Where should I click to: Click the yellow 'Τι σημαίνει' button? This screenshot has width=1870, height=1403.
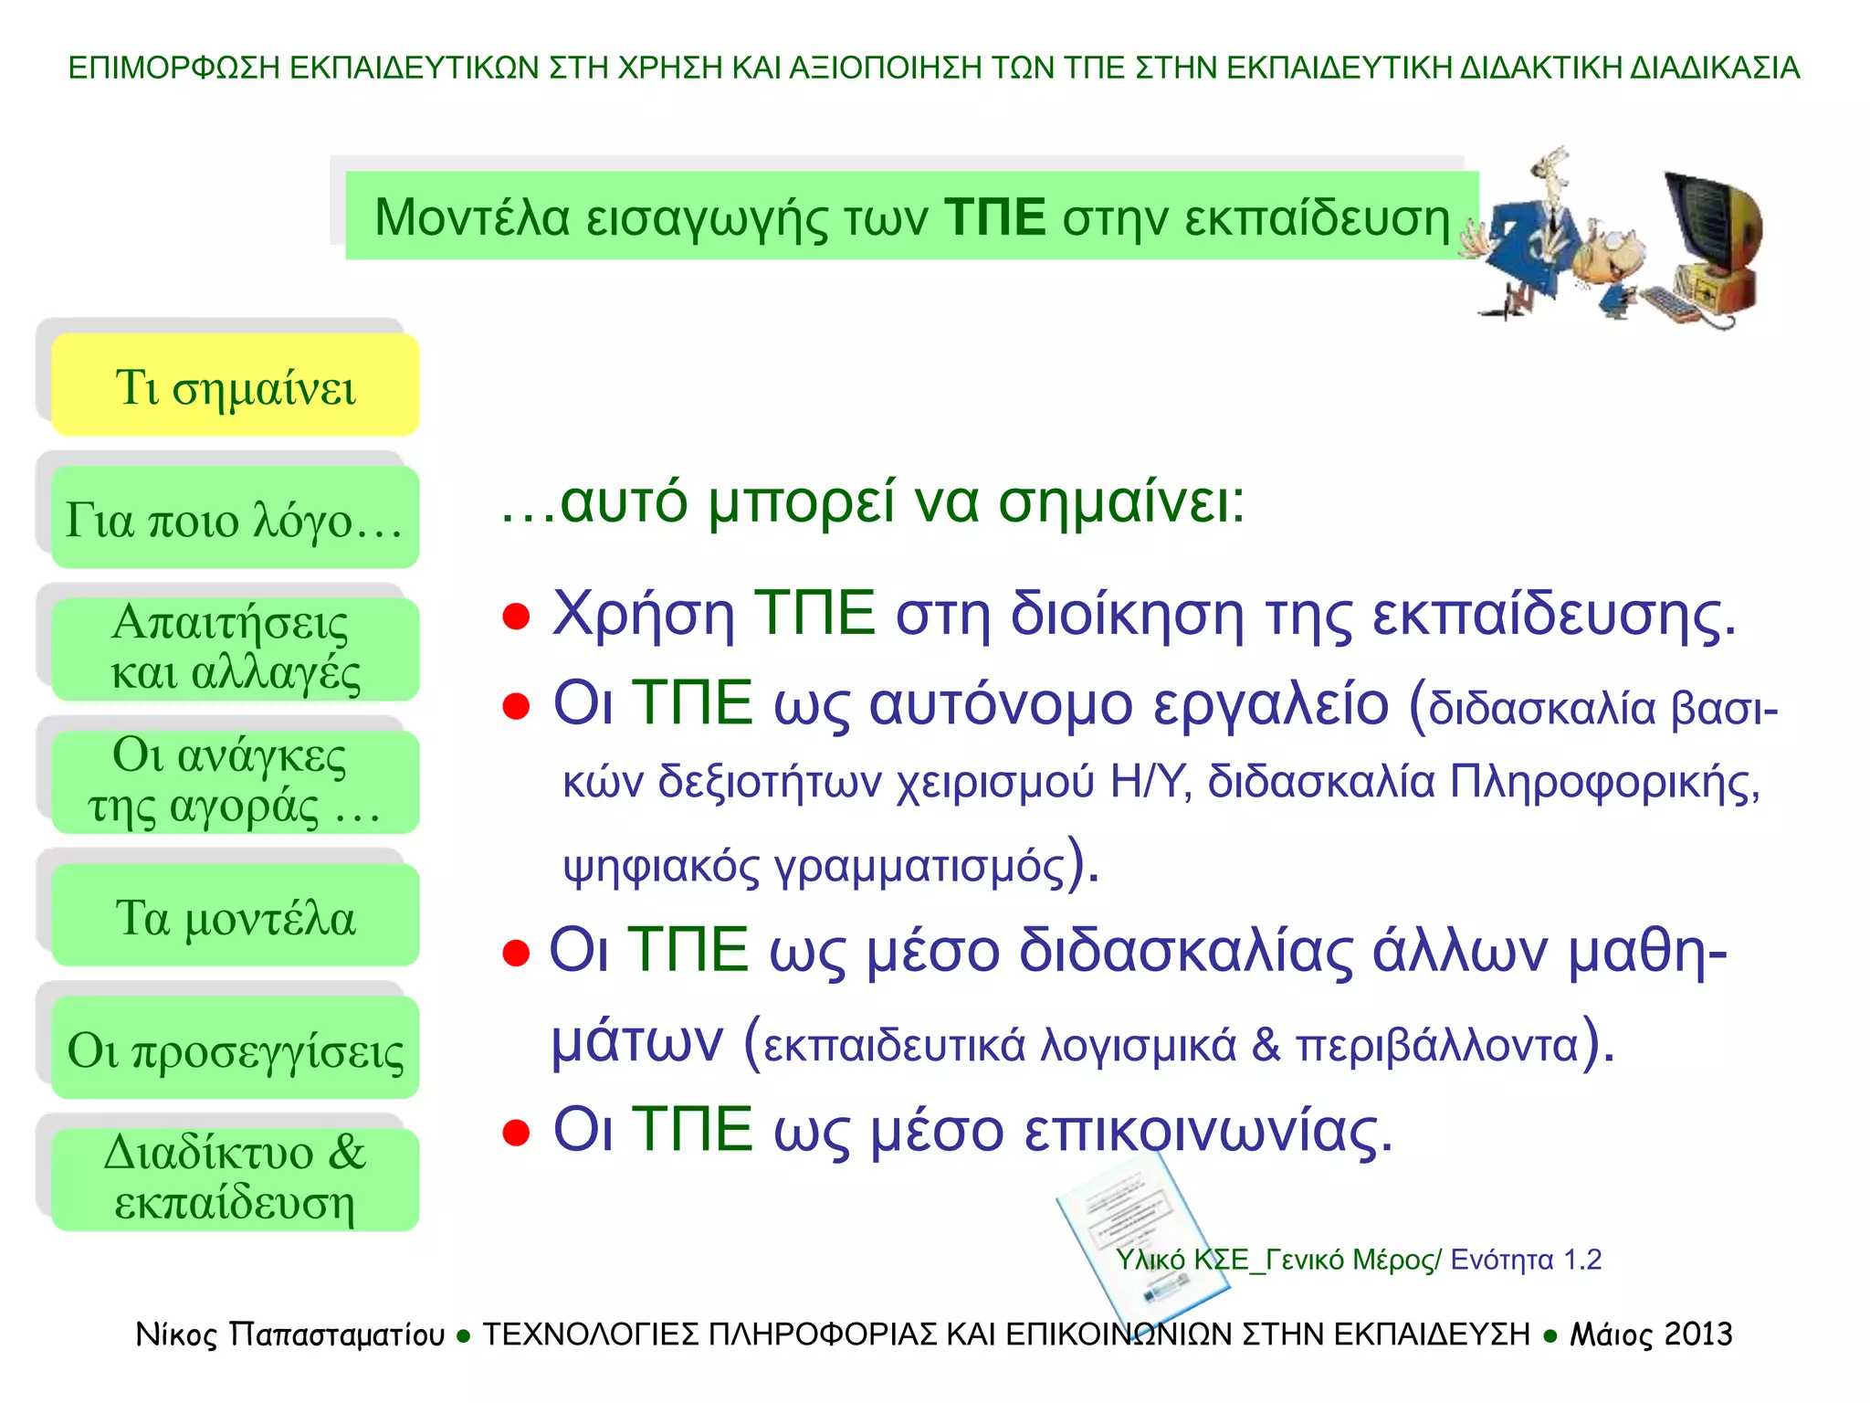[235, 385]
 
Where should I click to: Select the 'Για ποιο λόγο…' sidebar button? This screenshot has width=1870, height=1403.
[235, 518]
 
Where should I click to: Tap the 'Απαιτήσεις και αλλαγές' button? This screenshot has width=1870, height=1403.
[235, 649]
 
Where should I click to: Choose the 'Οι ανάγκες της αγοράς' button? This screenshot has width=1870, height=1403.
[235, 782]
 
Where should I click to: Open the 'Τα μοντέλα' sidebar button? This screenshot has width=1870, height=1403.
[235, 915]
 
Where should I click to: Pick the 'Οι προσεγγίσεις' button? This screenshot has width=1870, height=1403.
[235, 1048]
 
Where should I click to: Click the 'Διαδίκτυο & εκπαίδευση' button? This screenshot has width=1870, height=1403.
[235, 1179]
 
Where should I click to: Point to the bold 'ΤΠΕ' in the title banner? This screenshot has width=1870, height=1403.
[995, 217]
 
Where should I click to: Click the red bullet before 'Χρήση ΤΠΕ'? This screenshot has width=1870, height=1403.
[516, 617]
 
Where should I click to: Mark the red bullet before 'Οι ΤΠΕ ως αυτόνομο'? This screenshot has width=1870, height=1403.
[516, 706]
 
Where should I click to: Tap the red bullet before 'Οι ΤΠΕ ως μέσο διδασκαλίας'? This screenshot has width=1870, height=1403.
[516, 953]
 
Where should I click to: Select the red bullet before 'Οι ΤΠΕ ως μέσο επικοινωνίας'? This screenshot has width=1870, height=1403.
[516, 1133]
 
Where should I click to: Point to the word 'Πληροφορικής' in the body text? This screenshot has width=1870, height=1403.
[1603, 782]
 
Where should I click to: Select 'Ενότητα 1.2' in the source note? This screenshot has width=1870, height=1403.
[1526, 1260]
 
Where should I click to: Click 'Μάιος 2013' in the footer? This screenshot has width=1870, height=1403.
[1651, 1334]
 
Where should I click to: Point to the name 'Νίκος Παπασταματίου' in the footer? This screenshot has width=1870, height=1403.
[289, 1334]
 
